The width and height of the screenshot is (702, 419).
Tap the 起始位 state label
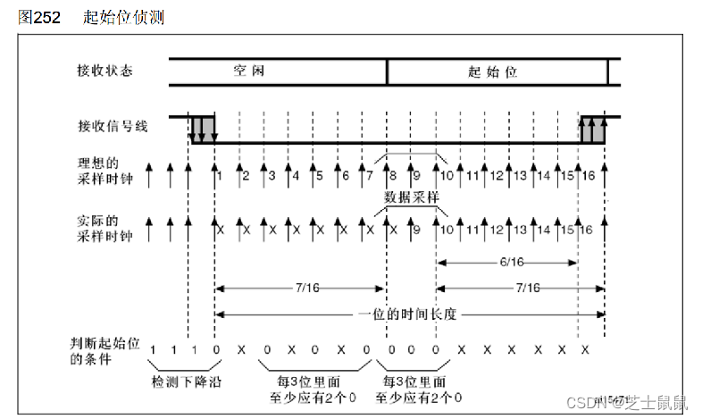(492, 71)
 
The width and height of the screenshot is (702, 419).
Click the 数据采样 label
(411, 196)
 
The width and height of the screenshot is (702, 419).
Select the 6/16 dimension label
(506, 261)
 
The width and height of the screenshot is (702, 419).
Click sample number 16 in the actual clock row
(587, 230)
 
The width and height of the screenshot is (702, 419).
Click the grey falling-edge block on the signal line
(203, 128)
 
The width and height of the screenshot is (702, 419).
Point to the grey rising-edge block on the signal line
(593, 128)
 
